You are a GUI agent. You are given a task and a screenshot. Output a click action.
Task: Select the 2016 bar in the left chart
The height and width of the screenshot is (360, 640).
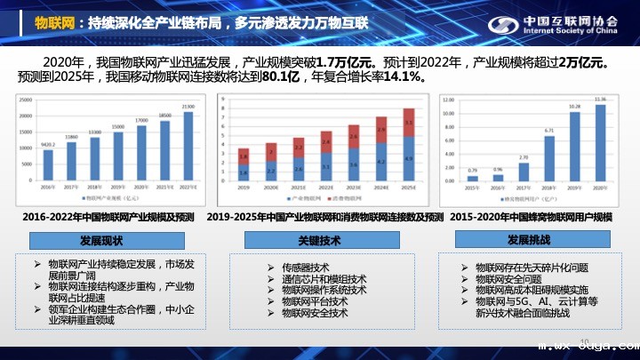point(49,164)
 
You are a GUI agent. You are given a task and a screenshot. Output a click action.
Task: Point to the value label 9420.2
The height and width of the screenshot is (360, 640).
point(49,144)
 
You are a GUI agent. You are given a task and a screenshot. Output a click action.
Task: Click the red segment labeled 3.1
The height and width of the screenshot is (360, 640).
point(408,122)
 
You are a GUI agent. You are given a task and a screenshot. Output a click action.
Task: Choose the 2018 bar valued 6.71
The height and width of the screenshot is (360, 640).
point(549,158)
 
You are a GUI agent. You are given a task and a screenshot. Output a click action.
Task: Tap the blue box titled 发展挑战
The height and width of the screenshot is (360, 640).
point(530,240)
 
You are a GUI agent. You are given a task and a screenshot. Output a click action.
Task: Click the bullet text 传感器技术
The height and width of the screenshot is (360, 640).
point(305,267)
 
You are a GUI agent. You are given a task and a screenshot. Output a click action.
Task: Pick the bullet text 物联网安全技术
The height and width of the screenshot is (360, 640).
point(314,313)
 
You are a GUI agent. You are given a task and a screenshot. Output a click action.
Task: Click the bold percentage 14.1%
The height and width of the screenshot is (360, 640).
point(404,78)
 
